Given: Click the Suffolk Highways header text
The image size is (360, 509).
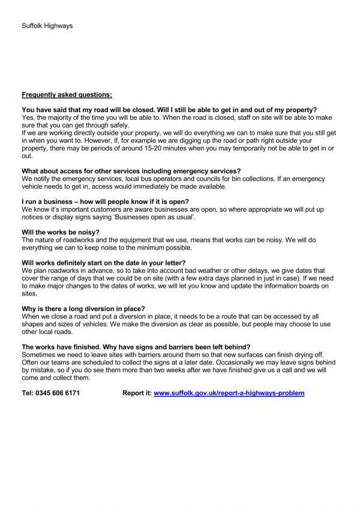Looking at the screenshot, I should pyautogui.click(x=47, y=26).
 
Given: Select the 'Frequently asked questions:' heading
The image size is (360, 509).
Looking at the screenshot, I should pyautogui.click(x=67, y=94).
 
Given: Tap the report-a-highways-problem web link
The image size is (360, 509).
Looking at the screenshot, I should pyautogui.click(x=229, y=393).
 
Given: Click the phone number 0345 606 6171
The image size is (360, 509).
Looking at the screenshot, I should pyautogui.click(x=58, y=393).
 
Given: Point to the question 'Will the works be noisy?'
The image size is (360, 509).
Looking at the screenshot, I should pyautogui.click(x=60, y=231).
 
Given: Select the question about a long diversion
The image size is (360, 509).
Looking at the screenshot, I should pyautogui.click(x=83, y=309).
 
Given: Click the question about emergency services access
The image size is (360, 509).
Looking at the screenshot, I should pyautogui.click(x=131, y=171).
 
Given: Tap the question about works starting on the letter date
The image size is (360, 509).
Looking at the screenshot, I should pyautogui.click(x=104, y=263).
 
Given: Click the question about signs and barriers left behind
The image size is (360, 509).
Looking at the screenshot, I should pyautogui.click(x=136, y=347).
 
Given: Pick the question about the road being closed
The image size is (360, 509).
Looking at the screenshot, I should pyautogui.click(x=169, y=110).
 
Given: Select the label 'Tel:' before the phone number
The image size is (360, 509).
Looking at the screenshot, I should pyautogui.click(x=28, y=393).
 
